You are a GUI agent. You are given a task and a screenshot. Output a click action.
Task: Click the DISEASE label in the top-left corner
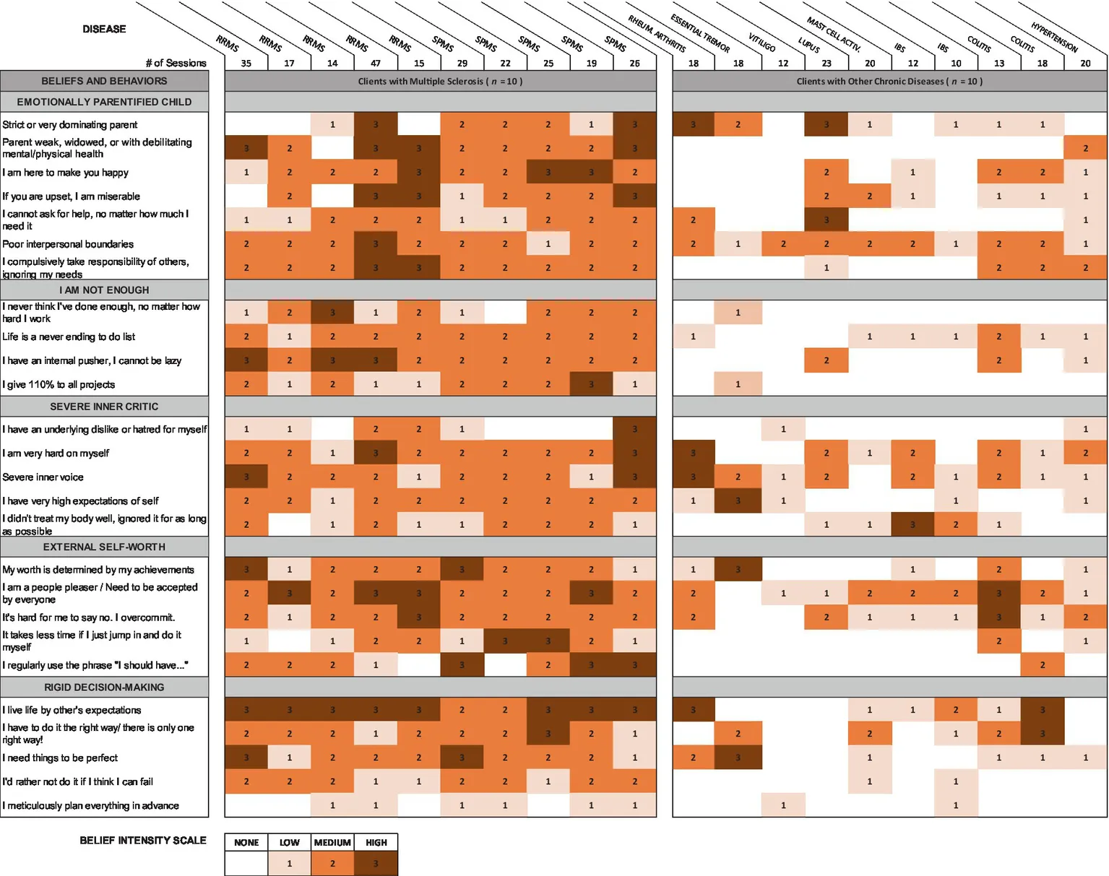coord(104,29)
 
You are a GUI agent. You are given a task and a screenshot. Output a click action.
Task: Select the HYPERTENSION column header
coord(1054,38)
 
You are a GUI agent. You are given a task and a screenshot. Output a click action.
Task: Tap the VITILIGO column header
coord(761,43)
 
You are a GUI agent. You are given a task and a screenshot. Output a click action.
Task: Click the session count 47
coord(376,64)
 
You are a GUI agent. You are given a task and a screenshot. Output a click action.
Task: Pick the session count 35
coord(246,64)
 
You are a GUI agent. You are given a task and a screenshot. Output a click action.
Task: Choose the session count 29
coord(462,64)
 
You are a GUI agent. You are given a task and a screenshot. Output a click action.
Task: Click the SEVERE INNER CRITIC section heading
coord(104,407)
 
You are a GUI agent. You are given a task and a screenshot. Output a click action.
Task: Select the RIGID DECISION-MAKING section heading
coord(104,688)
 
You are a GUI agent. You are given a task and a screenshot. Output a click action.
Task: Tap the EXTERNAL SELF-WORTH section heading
coord(104,547)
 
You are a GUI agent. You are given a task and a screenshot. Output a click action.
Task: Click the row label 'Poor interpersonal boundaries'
coord(68,244)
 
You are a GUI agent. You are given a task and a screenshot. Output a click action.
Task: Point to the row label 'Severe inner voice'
coord(43,477)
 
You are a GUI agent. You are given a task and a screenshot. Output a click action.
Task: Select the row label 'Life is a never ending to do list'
coord(69,337)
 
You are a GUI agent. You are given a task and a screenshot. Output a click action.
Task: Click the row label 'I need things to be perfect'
coord(60,758)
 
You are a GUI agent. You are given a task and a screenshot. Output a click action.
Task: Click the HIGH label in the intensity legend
coord(376,843)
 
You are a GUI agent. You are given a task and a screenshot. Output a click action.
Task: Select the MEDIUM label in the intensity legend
coord(332,843)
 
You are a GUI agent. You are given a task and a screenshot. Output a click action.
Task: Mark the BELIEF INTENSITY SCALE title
coord(143,841)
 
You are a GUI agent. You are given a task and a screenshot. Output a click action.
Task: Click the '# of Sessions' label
coord(176,64)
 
